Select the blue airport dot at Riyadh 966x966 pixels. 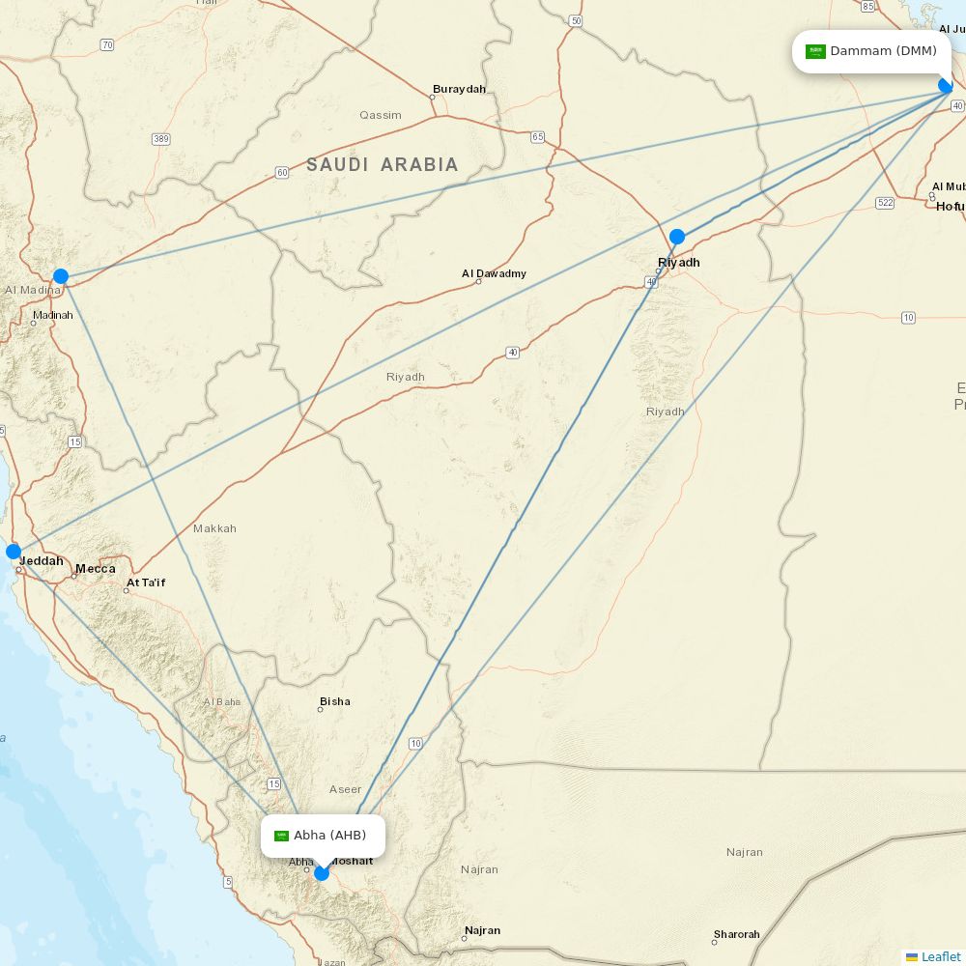(677, 237)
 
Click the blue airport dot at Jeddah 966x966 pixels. (14, 552)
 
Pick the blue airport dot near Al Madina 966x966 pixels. (61, 276)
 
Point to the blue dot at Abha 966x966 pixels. (322, 873)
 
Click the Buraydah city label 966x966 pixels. (459, 90)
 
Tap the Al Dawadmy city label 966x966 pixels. (494, 274)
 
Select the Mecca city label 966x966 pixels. (96, 569)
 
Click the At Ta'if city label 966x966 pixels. (146, 583)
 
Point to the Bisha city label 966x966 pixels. (335, 701)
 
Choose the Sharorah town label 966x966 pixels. (737, 934)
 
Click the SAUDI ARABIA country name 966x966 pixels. (383, 165)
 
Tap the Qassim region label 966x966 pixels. (381, 115)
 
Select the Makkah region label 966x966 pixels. (214, 528)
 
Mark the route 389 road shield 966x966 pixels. (161, 140)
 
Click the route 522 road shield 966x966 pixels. (885, 203)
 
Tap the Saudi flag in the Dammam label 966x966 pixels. (815, 51)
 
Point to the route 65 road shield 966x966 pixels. (538, 137)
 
